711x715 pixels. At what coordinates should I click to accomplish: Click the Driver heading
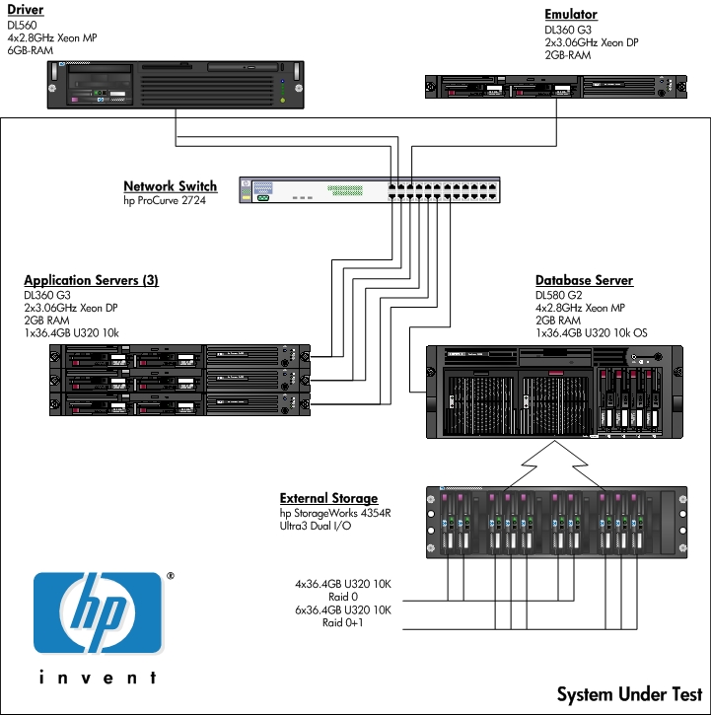click(26, 11)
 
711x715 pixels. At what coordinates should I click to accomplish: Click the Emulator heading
click(571, 15)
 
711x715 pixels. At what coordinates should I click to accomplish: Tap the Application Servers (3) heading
click(91, 281)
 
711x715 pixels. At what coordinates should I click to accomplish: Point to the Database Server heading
click(584, 281)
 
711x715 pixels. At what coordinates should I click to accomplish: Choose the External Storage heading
click(328, 499)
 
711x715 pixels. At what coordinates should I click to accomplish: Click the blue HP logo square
click(98, 613)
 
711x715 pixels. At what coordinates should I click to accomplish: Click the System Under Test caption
click(629, 694)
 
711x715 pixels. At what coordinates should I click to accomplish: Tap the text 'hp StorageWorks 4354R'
click(334, 513)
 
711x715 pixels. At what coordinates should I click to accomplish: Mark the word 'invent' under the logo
click(98, 679)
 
